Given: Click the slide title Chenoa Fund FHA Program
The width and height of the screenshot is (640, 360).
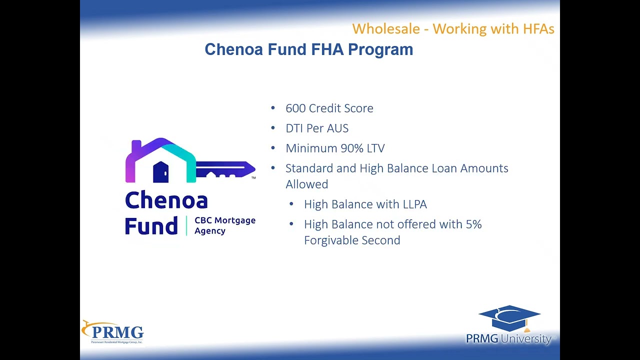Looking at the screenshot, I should (308, 49).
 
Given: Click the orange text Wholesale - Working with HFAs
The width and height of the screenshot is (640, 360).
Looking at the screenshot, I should (453, 28).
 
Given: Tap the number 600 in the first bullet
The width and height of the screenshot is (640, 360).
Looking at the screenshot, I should (295, 108).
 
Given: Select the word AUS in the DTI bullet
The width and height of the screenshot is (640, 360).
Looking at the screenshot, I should (337, 128).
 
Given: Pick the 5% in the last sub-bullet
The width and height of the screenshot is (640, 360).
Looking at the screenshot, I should (473, 224).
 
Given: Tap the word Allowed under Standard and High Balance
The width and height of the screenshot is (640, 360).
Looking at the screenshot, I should (306, 184).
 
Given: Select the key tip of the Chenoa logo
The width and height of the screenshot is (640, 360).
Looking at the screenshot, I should (249, 168).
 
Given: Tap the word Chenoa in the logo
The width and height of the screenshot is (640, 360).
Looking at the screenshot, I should (166, 200).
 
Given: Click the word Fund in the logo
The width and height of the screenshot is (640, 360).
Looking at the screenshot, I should (151, 226).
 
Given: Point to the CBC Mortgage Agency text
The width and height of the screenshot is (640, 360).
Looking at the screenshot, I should (224, 225).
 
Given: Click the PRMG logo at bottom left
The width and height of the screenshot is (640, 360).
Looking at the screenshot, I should (113, 332).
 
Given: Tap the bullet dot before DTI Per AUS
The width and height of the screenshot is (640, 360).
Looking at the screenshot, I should (273, 128).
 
